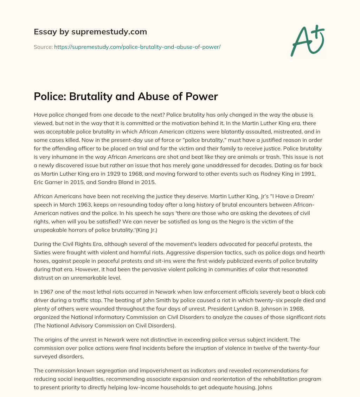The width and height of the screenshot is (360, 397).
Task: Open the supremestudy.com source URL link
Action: coord(137,47)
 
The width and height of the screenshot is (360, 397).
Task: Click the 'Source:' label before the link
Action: coord(43,47)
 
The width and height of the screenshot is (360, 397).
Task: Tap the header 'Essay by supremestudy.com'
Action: coord(90,32)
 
